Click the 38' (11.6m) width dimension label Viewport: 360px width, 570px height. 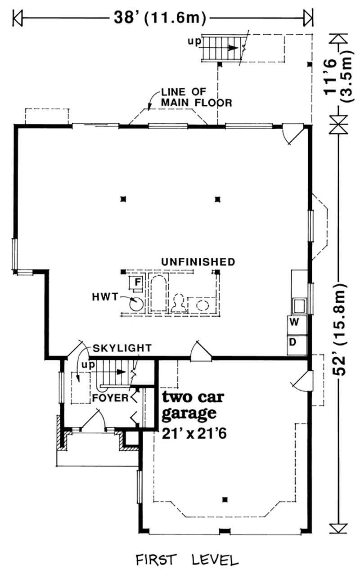[x=160, y=18]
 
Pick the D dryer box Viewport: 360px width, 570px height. [x=297, y=345]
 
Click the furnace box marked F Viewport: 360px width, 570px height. [x=135, y=282]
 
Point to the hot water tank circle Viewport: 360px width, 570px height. [x=136, y=304]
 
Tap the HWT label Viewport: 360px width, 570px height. [x=105, y=297]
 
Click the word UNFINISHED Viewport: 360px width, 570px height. [x=198, y=262]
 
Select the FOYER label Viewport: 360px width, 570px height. [x=110, y=398]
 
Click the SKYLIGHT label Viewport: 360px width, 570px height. [x=122, y=348]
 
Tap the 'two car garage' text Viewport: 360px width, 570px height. [x=193, y=405]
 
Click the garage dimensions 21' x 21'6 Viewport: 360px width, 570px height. [x=194, y=434]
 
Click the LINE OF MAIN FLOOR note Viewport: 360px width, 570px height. [x=197, y=98]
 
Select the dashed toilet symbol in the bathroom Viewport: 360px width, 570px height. [x=179, y=303]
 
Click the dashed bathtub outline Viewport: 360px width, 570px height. [x=158, y=293]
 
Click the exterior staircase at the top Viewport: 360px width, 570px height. [x=222, y=48]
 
